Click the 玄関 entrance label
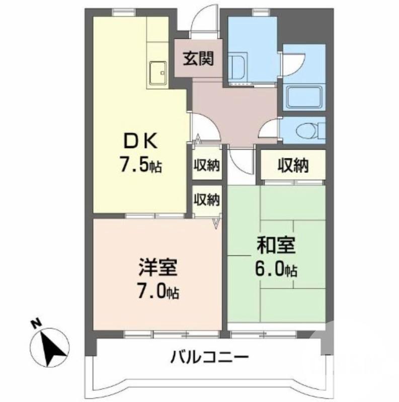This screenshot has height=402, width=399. click(x=198, y=59)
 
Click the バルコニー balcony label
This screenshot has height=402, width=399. click(x=209, y=359)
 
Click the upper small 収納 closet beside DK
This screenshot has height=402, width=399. click(x=207, y=165)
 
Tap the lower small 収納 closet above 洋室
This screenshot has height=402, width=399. click(x=207, y=199)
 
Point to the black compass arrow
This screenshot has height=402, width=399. click(x=51, y=347)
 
